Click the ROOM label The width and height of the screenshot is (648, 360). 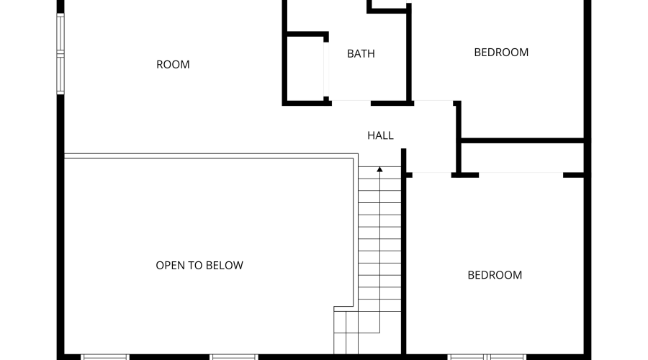tap(173, 65)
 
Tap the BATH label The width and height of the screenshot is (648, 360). tap(361, 53)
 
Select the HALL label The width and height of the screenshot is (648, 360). tap(380, 135)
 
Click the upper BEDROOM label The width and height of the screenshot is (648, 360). tap(501, 52)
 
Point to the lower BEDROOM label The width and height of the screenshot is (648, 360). tap(495, 275)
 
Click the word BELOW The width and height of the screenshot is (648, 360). tap(225, 265)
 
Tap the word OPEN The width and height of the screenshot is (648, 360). tap(171, 265)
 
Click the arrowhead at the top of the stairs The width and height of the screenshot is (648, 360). tap(379, 169)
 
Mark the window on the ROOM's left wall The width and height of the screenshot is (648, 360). tap(60, 54)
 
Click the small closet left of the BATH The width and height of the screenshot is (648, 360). tap(305, 68)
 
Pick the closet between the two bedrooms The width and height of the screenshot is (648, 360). tap(521, 156)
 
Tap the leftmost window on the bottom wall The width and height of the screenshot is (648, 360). tap(105, 356)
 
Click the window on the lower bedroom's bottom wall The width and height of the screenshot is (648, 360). tap(487, 356)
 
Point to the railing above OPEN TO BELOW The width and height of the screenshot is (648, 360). tap(209, 156)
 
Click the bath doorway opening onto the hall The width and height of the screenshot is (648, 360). tap(351, 102)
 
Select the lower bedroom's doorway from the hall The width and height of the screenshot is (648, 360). tap(432, 174)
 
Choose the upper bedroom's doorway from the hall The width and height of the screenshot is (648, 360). tap(434, 102)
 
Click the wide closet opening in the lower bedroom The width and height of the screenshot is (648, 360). tap(521, 174)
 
